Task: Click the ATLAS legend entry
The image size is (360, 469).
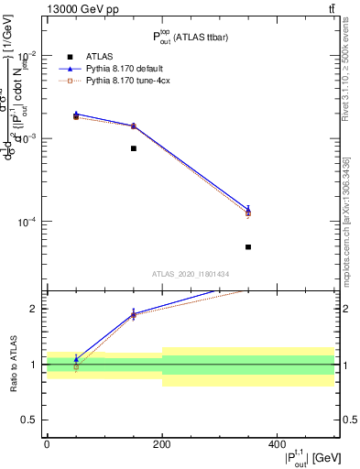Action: (99, 56)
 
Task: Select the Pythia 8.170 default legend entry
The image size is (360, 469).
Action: (129, 69)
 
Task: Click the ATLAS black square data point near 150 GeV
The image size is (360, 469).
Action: (134, 148)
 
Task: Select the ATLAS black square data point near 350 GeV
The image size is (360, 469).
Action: (248, 246)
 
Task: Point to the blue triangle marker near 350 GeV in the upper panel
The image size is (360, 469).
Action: (248, 210)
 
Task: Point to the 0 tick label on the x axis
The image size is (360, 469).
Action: (47, 443)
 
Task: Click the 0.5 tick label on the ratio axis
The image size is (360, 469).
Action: (32, 420)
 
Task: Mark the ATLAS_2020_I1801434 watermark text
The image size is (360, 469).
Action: (191, 274)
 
